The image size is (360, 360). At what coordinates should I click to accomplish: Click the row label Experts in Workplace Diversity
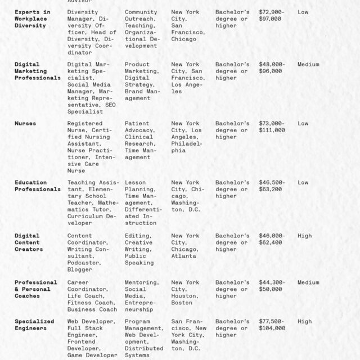32,19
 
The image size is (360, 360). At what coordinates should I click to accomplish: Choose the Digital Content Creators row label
29,242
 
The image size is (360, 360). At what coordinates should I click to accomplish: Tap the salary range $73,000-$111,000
272,127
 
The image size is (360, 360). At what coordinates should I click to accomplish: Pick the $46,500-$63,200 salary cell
272,186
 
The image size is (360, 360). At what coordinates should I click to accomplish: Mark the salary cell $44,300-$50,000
272,286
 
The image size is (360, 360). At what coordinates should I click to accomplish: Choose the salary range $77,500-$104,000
272,325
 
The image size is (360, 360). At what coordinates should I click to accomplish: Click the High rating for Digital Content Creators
304,236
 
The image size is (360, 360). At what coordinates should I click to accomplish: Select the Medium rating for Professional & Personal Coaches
308,282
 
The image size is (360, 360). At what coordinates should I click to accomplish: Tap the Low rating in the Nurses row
303,123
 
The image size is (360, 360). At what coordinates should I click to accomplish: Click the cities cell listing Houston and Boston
185,292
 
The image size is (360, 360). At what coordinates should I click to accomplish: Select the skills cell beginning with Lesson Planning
143,202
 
